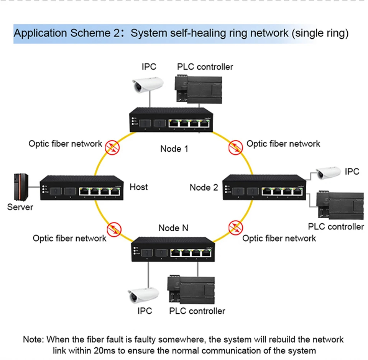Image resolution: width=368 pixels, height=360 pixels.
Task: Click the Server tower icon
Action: [x=21, y=187]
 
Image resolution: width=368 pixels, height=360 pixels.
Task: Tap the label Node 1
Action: [x=174, y=149]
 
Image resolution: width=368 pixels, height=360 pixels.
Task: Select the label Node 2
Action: [x=204, y=187]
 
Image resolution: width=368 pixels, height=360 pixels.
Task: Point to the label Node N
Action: [x=173, y=228]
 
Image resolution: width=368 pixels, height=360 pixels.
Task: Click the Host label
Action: [x=138, y=187]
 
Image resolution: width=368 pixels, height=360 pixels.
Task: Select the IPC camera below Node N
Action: [x=143, y=295]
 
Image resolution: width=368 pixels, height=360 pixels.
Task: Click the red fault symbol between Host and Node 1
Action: [x=112, y=147]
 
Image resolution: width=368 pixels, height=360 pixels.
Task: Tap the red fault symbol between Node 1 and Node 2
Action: [x=236, y=147]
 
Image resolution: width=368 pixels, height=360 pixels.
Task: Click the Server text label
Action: [x=20, y=207]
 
